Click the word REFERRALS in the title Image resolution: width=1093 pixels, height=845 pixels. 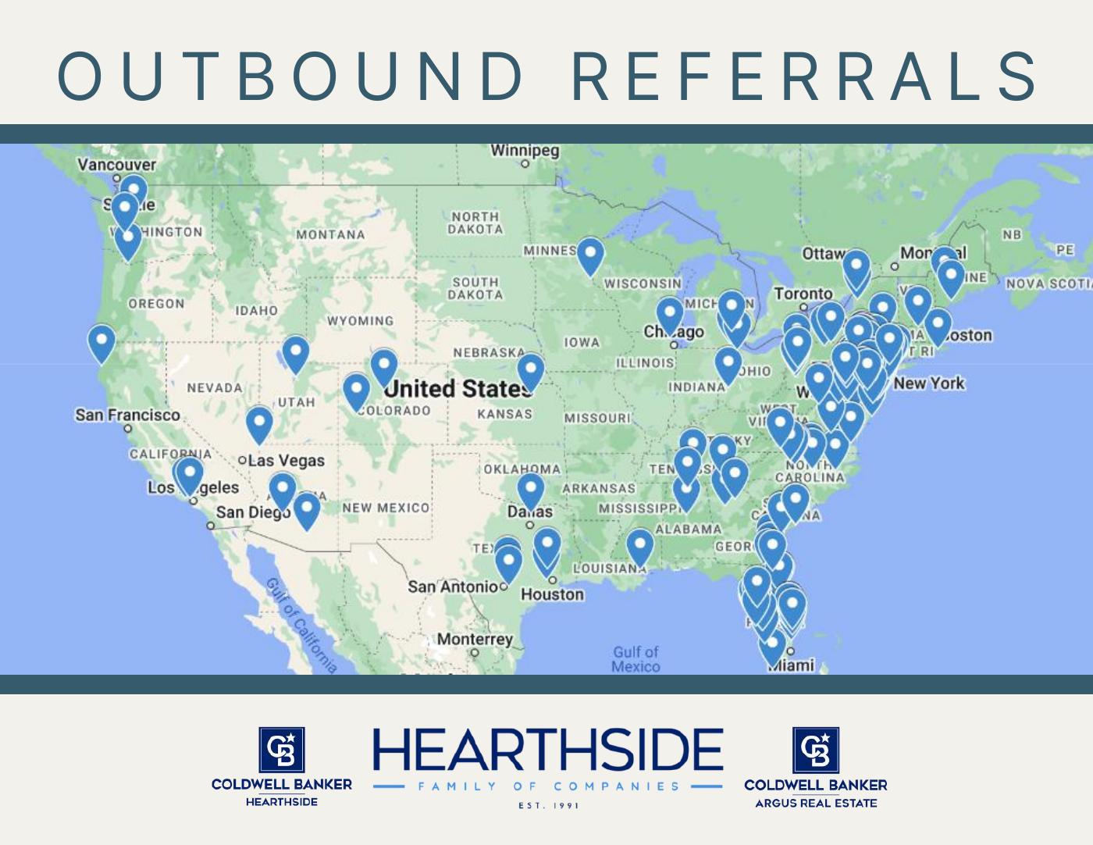(804, 76)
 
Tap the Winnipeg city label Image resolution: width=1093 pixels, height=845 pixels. (525, 151)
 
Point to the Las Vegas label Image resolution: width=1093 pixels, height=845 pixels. (286, 461)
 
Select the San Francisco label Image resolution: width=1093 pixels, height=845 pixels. (127, 415)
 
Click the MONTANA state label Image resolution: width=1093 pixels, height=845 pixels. (330, 234)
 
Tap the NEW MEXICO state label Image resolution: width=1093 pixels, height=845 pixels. (386, 508)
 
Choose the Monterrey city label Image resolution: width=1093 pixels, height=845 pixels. (475, 640)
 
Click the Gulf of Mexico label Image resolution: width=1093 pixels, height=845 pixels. (636, 658)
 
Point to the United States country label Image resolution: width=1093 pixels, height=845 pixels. (457, 388)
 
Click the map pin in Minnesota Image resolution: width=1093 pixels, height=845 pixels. (589, 255)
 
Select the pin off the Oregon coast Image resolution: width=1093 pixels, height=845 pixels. (101, 341)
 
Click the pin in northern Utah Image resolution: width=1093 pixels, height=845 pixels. (295, 352)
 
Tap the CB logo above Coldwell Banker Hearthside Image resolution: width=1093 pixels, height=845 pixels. (282, 749)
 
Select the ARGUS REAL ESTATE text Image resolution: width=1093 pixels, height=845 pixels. (816, 803)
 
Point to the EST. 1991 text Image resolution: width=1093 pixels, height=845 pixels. (548, 805)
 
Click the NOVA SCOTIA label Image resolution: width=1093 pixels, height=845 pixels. (1048, 283)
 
